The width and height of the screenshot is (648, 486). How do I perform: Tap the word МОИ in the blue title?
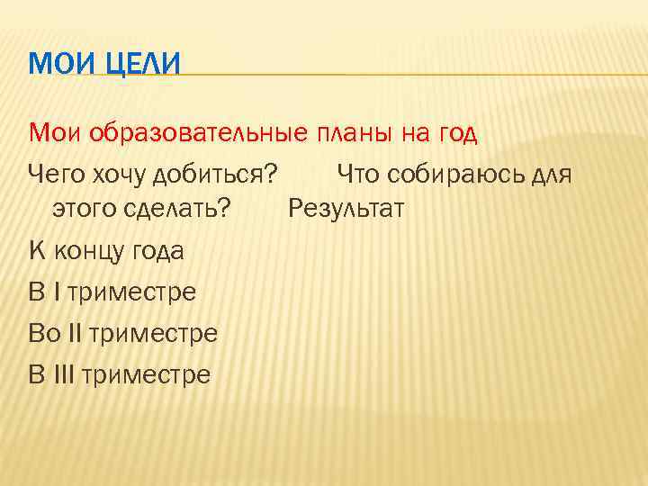tap(56, 65)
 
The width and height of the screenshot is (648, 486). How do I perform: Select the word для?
tap(550, 172)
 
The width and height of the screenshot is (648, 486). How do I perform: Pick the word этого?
tap(85, 210)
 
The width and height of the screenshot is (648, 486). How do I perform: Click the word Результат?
tap(346, 210)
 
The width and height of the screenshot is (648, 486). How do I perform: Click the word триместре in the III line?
tap(146, 373)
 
